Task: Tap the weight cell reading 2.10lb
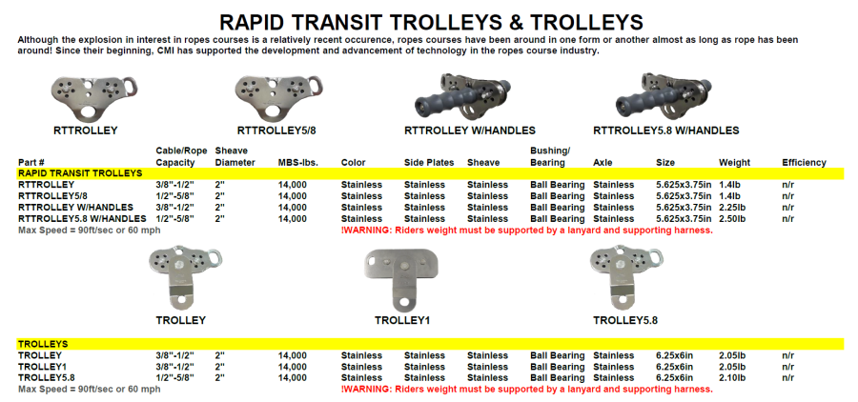click(x=732, y=378)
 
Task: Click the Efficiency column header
click(x=804, y=163)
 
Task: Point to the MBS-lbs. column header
click(x=298, y=163)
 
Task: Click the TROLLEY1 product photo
click(x=402, y=279)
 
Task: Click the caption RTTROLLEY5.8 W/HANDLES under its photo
click(x=666, y=131)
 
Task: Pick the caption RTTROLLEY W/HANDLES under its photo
click(x=469, y=131)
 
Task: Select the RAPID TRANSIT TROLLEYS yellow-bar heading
click(x=80, y=173)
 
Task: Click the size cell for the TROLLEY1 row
click(x=674, y=367)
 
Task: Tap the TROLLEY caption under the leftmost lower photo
click(x=180, y=320)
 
